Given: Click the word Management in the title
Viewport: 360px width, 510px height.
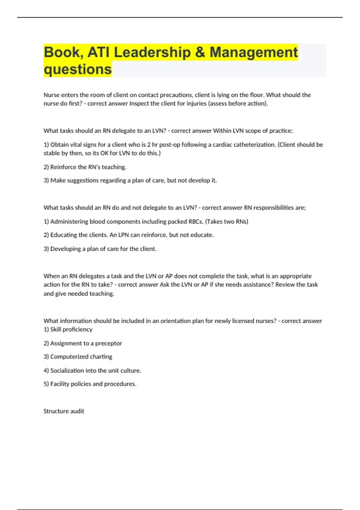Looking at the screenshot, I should (253, 52).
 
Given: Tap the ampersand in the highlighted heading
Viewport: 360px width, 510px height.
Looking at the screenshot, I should (200, 52).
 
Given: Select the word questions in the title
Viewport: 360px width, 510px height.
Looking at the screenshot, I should (78, 69).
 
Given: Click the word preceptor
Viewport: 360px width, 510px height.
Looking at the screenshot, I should (108, 343).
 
